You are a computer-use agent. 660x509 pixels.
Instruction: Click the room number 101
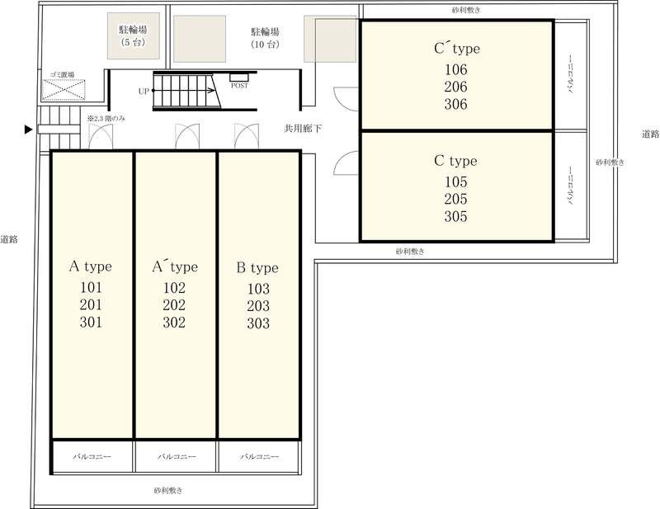[91, 288]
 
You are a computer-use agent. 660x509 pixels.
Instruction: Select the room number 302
[174, 322]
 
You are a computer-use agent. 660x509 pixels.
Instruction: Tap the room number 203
[258, 306]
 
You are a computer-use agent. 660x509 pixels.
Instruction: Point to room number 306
[456, 104]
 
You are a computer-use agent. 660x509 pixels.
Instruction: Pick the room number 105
[456, 181]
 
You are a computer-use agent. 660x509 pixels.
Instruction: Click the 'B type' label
[257, 268]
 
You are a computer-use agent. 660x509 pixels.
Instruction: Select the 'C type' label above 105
[456, 161]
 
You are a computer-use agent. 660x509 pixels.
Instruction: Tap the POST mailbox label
[239, 86]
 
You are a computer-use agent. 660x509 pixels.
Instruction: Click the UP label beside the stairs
[144, 91]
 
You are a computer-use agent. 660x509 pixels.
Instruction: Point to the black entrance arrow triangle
[28, 130]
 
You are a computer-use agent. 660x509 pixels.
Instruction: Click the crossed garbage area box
[64, 90]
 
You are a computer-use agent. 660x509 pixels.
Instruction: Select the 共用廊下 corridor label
[303, 129]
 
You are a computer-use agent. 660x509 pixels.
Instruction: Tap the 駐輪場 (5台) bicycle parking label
[133, 35]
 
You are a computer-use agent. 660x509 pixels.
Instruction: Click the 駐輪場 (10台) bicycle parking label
[265, 38]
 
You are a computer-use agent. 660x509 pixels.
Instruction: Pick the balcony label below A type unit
[92, 456]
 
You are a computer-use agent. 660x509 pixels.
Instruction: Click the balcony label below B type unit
[259, 456]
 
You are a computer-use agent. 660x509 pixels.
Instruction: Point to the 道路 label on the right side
[650, 134]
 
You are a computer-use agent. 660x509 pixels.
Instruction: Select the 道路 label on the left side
[9, 239]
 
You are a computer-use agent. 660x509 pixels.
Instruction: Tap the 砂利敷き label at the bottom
[168, 491]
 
